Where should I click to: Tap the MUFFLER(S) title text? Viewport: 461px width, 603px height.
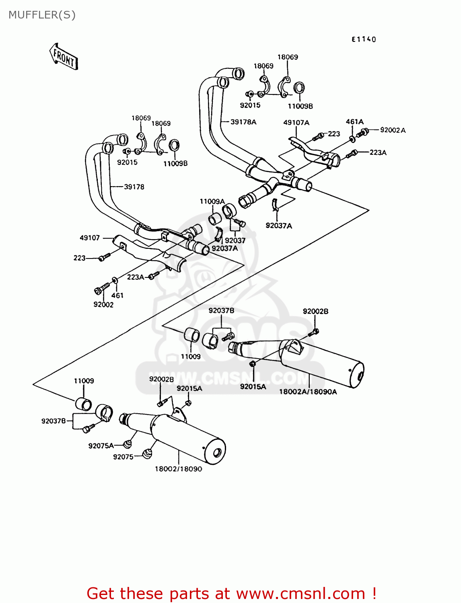coord(42,15)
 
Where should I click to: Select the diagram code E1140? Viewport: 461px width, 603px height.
coord(364,39)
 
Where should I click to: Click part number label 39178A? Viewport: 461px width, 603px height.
coord(243,122)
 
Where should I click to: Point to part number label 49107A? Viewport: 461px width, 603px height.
coord(296,123)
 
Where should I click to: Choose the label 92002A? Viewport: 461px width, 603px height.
coord(393,130)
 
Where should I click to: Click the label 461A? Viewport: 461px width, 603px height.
coord(354,122)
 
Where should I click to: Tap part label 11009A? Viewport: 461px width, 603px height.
coord(212,201)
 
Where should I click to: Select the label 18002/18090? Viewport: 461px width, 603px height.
coord(178,469)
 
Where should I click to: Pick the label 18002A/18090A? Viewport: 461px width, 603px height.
coord(308,392)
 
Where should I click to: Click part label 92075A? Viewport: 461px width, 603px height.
coord(101,445)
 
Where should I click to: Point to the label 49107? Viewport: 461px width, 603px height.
coord(90,238)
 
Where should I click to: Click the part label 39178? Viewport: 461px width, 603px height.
coord(134,187)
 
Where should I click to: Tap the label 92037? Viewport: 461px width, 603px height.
coord(235,240)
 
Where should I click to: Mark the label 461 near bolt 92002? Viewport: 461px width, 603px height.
coord(117,295)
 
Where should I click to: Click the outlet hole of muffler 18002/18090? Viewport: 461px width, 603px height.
coord(217,453)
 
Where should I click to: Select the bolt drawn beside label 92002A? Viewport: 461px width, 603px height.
coord(363,132)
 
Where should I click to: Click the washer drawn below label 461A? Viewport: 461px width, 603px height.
coord(352,139)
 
